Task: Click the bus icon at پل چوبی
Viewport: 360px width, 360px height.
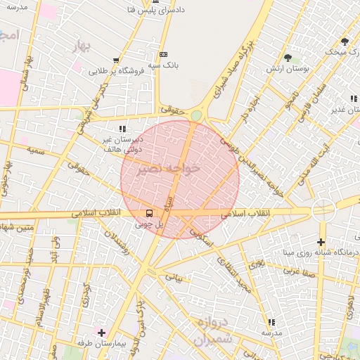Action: coord(149,212)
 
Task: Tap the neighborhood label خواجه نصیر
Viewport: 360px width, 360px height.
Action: coord(171,169)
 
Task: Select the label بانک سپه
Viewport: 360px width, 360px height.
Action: coord(164,65)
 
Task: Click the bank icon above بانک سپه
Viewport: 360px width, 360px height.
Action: coord(164,54)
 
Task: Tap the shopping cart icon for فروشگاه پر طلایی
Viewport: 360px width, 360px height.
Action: coord(116,60)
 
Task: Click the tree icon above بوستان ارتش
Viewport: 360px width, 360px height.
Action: coord(288,58)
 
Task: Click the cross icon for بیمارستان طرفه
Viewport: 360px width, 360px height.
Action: coord(102,332)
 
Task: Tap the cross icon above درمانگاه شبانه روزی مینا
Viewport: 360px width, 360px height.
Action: coord(321,242)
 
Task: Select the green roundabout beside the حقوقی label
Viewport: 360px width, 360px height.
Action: coord(196,115)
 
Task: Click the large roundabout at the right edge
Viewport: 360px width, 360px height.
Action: coord(324,210)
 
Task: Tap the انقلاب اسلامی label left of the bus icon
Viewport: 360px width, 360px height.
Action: coord(96,212)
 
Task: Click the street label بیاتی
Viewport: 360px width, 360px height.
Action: coord(173,278)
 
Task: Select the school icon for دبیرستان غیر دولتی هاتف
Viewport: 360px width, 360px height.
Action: coord(122,129)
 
